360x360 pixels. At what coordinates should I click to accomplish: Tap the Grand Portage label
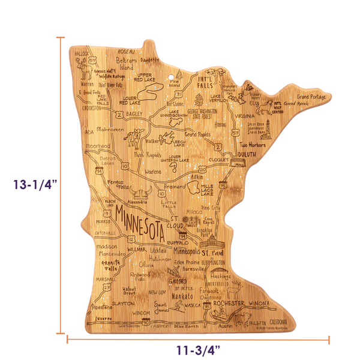click(311, 97)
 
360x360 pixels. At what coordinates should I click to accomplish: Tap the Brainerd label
click(175, 187)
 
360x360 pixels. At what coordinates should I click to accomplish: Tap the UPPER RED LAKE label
click(148, 76)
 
